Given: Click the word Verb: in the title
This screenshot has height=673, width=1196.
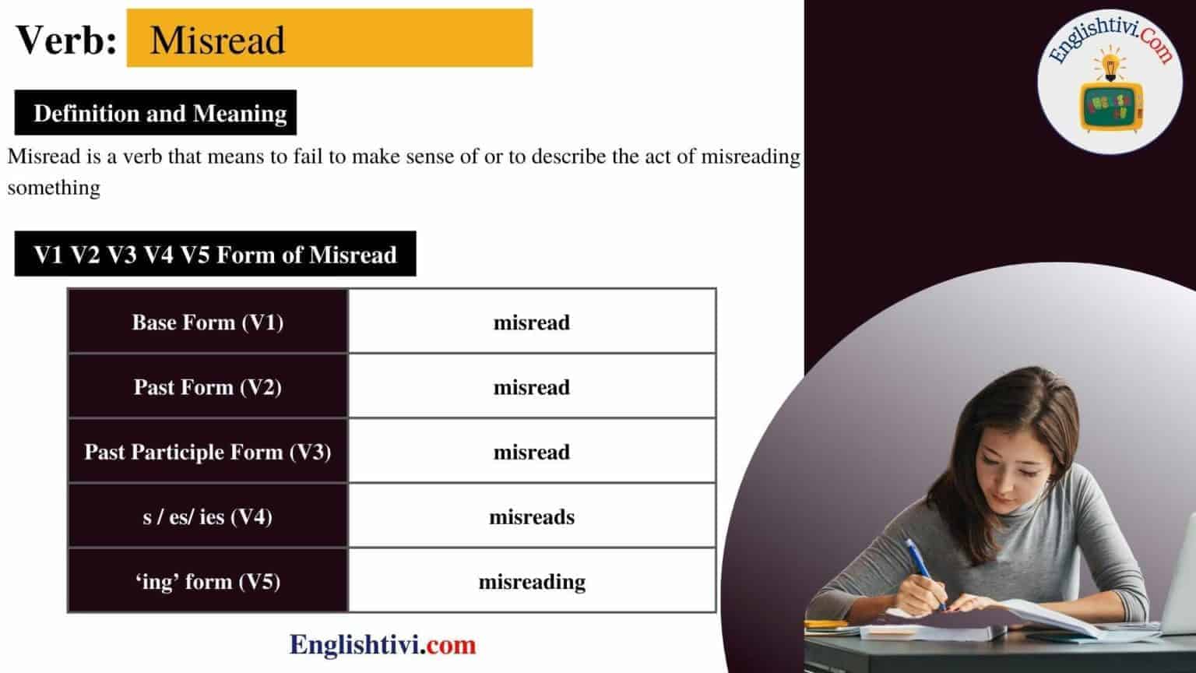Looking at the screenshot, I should pyautogui.click(x=66, y=39).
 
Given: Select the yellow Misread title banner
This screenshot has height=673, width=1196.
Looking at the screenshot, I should pyautogui.click(x=329, y=38).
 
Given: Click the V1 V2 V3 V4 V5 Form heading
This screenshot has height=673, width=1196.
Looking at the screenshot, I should pyautogui.click(x=215, y=254).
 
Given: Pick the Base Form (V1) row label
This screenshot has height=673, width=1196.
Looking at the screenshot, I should pyautogui.click(x=208, y=322).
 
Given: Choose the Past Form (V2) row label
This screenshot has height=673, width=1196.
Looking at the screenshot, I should pyautogui.click(x=208, y=387).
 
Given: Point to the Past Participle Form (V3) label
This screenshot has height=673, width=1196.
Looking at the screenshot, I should pyautogui.click(x=208, y=452).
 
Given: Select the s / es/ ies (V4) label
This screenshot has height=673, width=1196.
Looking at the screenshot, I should pyautogui.click(x=208, y=516).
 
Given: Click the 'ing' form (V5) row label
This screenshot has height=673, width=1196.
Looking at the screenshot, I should pyautogui.click(x=208, y=581).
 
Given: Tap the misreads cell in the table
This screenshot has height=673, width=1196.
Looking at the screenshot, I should pyautogui.click(x=532, y=516).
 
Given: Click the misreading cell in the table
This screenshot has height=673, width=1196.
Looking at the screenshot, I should pyautogui.click(x=532, y=581).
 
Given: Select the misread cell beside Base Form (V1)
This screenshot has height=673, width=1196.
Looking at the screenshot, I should pyautogui.click(x=532, y=322).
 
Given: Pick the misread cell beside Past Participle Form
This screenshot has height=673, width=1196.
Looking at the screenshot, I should pyautogui.click(x=532, y=452).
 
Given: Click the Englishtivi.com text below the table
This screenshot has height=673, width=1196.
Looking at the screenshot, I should pyautogui.click(x=382, y=644).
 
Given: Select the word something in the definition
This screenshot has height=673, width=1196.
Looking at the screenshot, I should pyautogui.click(x=54, y=188).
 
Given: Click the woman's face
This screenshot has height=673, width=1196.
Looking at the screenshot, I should pyautogui.click(x=1012, y=467).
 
